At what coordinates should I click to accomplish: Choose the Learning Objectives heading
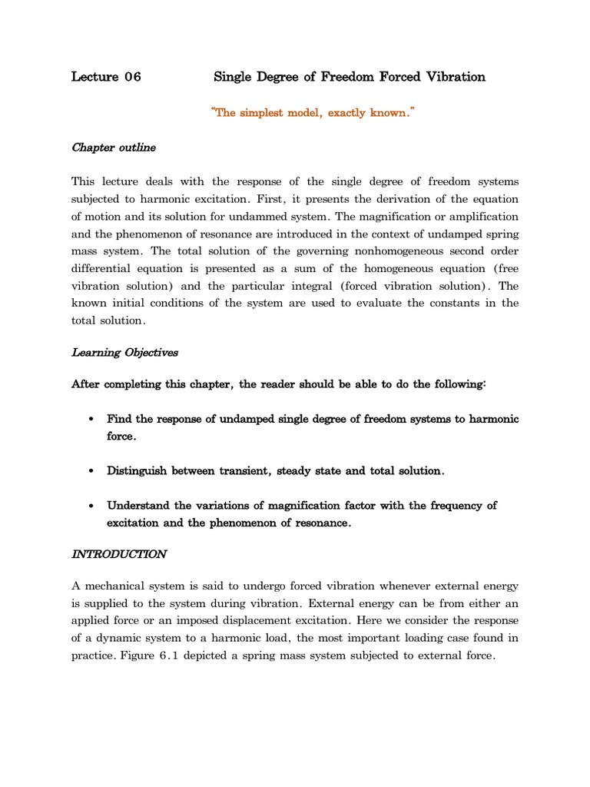[124, 353]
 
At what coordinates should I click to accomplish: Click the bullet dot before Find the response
[91, 420]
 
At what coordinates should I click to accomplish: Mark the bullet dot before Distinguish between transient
[91, 471]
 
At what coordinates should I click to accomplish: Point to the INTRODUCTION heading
[119, 553]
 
